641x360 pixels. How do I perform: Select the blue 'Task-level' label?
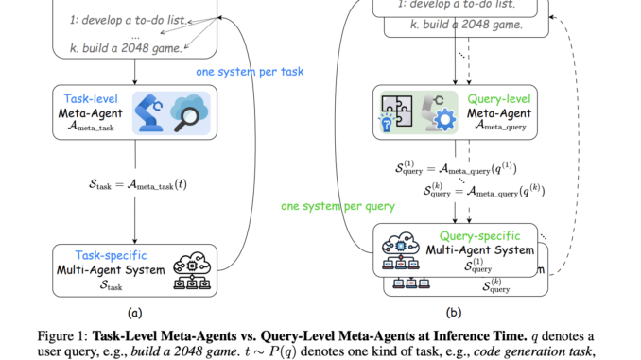pos(88,97)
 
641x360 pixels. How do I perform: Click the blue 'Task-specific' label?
pos(95,253)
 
